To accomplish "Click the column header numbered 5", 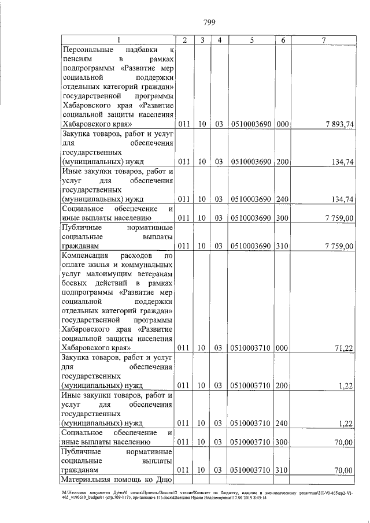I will click(252, 39).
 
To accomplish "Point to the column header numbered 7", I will click(324, 39).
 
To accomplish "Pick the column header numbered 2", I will click(184, 39).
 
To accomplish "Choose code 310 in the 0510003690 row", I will click(282, 246).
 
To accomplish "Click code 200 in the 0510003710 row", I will click(282, 385).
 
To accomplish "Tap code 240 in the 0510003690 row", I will click(282, 199).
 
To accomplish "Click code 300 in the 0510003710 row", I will click(282, 442).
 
